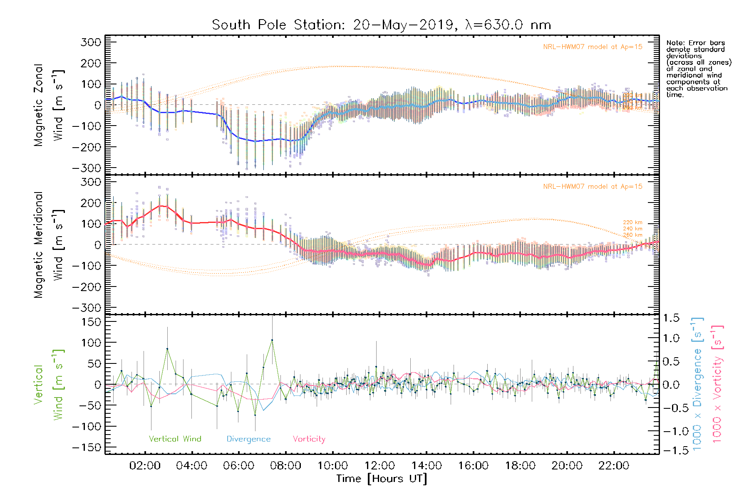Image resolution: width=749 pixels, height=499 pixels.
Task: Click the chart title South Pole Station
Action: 381,25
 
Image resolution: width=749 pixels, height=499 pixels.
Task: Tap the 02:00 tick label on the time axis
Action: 145,466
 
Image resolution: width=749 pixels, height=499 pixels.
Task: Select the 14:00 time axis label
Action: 427,466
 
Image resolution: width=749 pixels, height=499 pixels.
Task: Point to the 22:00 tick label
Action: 614,466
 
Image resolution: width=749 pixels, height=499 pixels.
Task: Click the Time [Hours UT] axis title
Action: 382,479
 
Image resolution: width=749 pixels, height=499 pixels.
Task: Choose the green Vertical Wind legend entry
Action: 175,439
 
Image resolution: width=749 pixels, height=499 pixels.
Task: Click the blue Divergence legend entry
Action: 248,439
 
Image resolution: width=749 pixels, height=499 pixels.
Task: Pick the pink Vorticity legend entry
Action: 309,439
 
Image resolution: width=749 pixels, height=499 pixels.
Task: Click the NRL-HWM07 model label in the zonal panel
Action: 593,47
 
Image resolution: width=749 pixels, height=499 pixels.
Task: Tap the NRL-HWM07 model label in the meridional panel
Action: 593,187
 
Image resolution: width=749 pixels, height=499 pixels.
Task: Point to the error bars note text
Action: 698,69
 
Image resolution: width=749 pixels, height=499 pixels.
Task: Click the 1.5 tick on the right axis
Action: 671,318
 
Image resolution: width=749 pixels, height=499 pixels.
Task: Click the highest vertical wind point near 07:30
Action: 272,340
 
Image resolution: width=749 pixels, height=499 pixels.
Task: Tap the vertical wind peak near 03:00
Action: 167,349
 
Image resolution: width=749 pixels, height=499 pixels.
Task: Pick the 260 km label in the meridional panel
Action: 632,235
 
